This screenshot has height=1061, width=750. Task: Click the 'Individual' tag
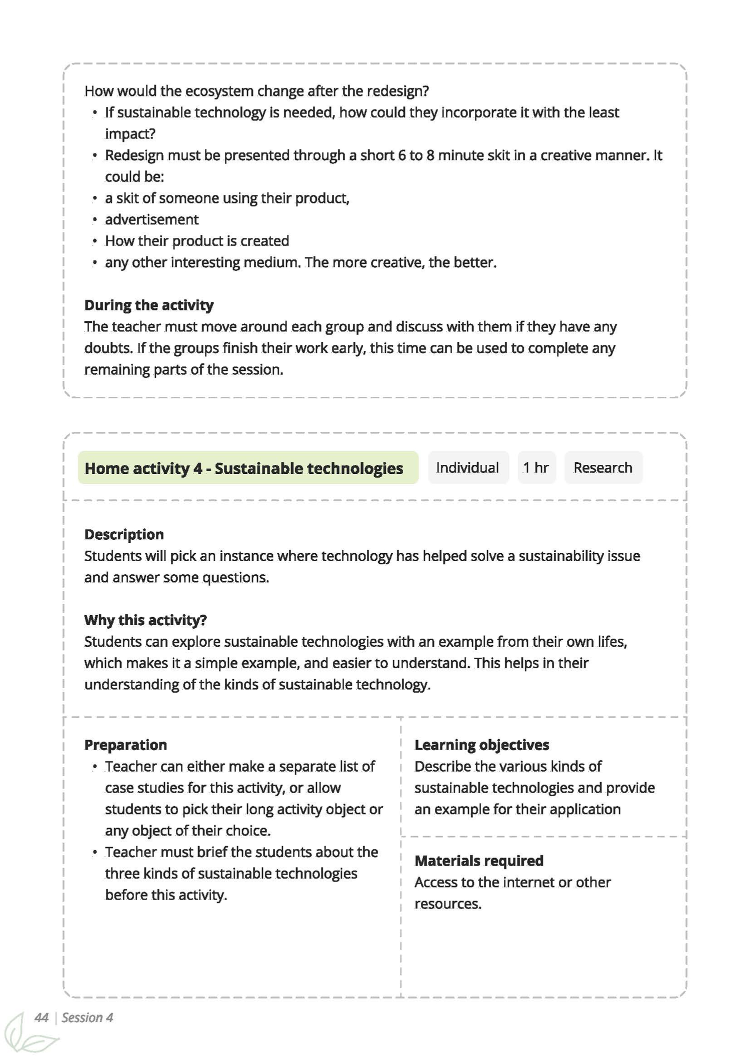[x=467, y=468]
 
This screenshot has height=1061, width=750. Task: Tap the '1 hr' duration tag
[x=536, y=468]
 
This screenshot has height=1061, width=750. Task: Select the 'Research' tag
[x=602, y=468]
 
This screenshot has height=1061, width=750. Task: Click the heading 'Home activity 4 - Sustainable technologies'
[x=244, y=468]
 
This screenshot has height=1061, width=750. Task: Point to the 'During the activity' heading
[x=149, y=305]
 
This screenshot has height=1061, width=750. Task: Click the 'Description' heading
[x=124, y=534]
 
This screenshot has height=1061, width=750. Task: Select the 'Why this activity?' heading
[x=145, y=620]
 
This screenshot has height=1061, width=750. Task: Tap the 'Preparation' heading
[x=125, y=745]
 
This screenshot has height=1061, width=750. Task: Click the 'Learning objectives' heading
[x=481, y=745]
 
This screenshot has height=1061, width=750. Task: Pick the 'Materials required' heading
[x=478, y=861]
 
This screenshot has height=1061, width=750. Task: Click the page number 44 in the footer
[x=41, y=1018]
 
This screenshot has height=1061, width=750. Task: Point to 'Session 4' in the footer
[x=87, y=1018]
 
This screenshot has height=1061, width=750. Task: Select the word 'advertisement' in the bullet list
[x=151, y=219]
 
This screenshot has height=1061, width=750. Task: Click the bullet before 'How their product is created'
[x=94, y=241]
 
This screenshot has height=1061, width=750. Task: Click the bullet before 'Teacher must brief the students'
[x=94, y=853]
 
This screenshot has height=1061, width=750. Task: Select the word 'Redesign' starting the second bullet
[x=134, y=155]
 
